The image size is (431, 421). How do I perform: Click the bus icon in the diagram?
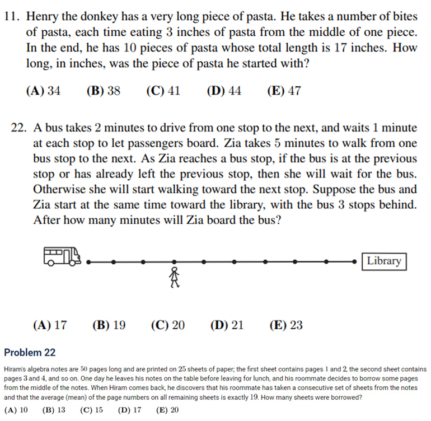pyautogui.click(x=62, y=257)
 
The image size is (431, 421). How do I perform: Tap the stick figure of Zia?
pyautogui.click(x=175, y=277)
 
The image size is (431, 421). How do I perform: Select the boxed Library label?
pyautogui.click(x=383, y=261)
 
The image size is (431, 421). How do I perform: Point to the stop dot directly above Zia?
pyautogui.click(x=174, y=261)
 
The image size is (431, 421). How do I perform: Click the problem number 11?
pyautogui.click(x=12, y=17)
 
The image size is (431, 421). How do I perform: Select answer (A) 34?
pyautogui.click(x=43, y=91)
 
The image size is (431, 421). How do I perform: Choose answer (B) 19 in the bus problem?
pyautogui.click(x=109, y=325)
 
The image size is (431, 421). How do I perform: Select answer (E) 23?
pyautogui.click(x=286, y=325)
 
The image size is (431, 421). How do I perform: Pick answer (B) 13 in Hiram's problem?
pyautogui.click(x=54, y=410)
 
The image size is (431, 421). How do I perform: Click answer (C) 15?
pyautogui.click(x=91, y=410)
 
